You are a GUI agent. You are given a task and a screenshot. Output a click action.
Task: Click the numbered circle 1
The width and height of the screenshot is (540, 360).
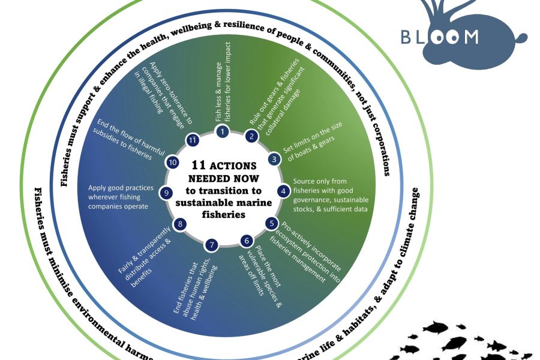[223, 131]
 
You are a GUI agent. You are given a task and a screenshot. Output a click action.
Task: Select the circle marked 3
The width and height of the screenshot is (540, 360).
[274, 160]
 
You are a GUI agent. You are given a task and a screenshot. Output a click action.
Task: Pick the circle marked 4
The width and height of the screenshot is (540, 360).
[282, 191]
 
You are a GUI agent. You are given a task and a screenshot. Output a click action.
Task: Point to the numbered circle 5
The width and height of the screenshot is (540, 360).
[272, 223]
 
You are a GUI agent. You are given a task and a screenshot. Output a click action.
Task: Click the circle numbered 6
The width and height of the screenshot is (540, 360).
[246, 241]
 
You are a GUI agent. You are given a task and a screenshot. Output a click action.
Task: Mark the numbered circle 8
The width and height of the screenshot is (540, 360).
[178, 224]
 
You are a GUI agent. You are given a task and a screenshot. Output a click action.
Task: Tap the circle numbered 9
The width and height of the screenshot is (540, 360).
[167, 193]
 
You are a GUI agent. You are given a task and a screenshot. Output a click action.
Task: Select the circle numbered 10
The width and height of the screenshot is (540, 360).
[173, 162]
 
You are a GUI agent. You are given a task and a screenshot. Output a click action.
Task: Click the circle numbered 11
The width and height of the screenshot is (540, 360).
[193, 139]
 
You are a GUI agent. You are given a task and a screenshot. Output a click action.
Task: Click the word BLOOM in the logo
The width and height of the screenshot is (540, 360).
[440, 37]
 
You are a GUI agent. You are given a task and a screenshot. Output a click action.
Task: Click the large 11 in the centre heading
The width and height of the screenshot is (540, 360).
[199, 164]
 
